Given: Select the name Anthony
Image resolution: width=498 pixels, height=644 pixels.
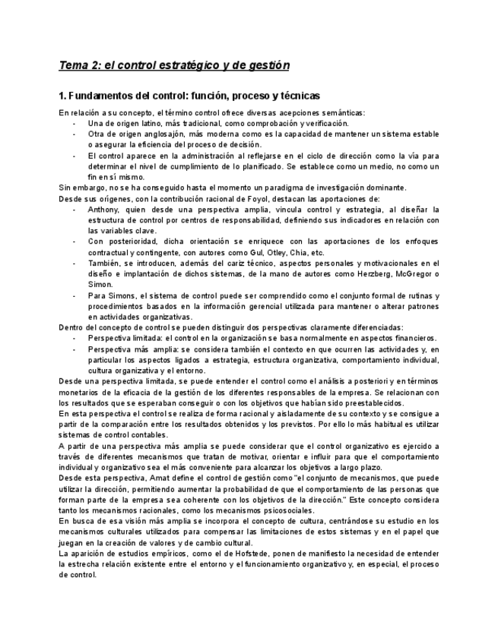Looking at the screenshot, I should tap(104, 209).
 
